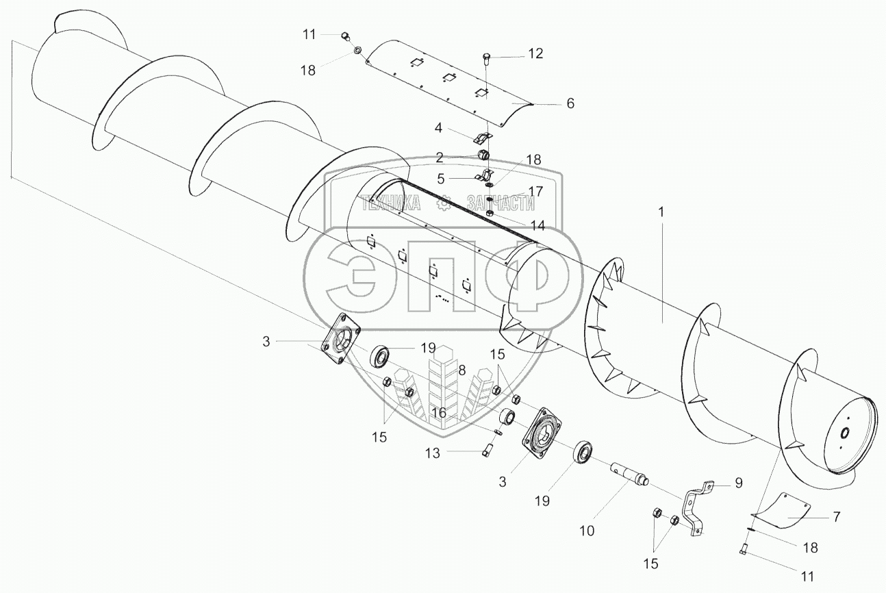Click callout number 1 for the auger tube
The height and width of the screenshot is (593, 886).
click(x=661, y=213)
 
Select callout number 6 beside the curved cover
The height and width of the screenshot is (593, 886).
click(x=570, y=103)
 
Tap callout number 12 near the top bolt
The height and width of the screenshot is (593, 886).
click(x=535, y=53)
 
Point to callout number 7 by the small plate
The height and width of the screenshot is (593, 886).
click(x=836, y=516)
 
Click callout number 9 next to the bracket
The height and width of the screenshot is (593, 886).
click(x=739, y=483)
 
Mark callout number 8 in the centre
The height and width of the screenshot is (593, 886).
click(x=462, y=370)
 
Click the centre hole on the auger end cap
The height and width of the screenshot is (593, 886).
click(x=844, y=433)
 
